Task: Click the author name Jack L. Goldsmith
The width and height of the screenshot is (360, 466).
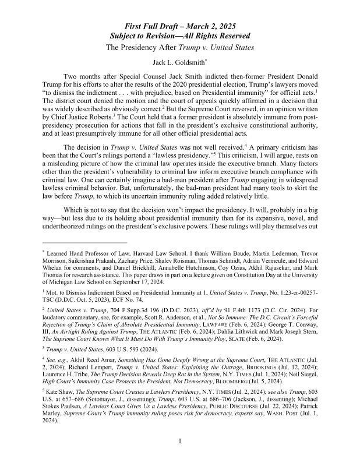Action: pyautogui.click(x=179, y=61)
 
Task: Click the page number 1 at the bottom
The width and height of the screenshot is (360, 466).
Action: pyautogui.click(x=180, y=457)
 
